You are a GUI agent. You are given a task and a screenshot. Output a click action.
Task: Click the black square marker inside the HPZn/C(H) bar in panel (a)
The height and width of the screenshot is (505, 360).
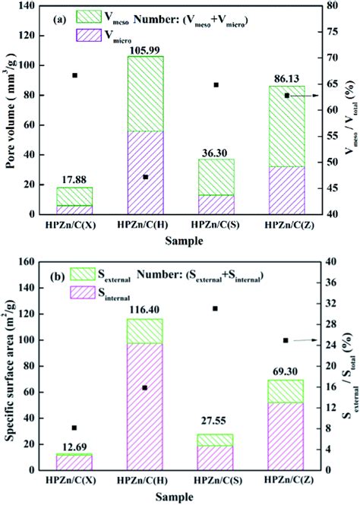pyautogui.click(x=146, y=177)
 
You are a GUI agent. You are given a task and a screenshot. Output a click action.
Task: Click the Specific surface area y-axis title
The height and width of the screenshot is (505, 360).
pyautogui.click(x=9, y=365)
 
